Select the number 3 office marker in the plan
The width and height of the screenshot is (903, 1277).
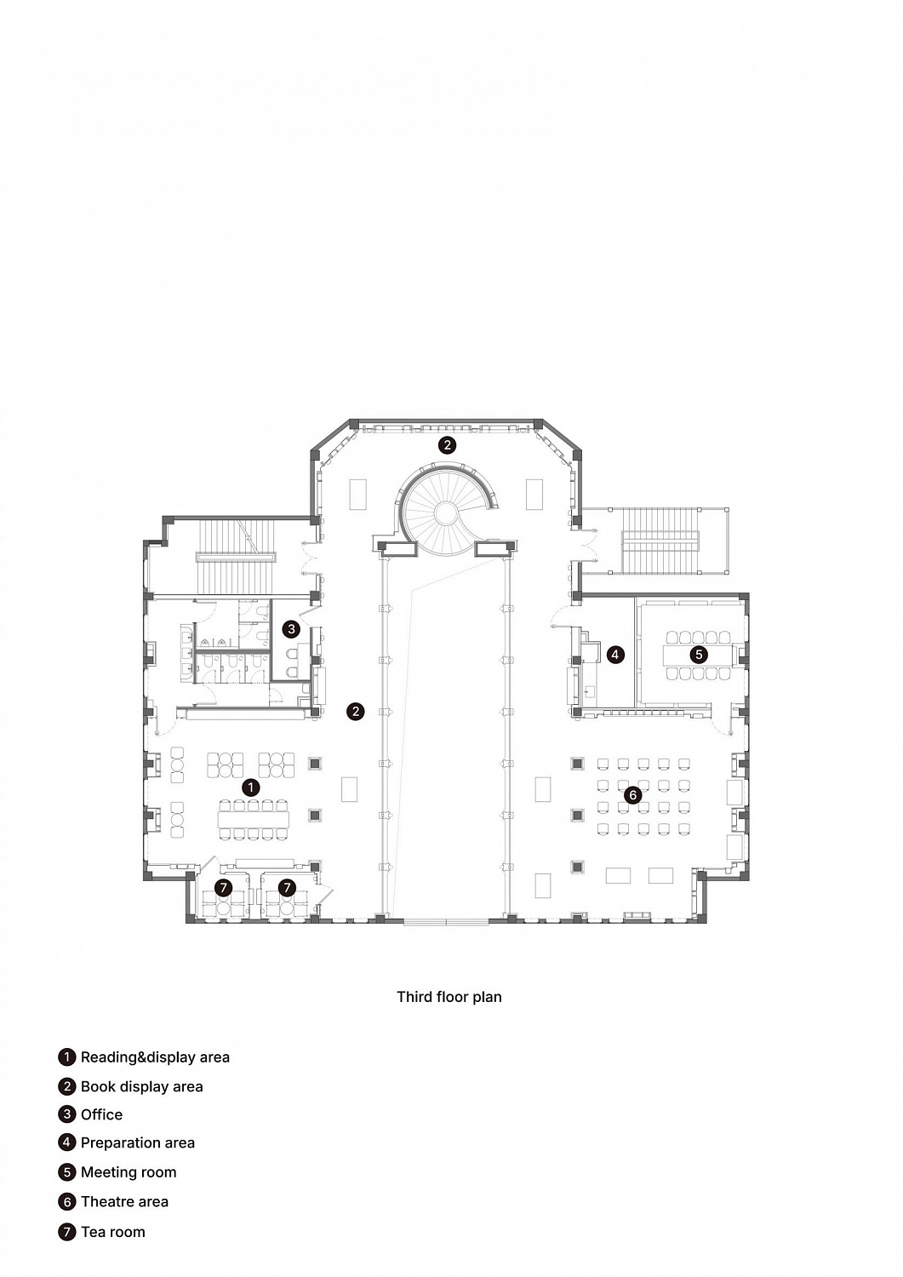291,629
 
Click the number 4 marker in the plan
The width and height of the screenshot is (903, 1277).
614,655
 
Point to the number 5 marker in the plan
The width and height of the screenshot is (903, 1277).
699,655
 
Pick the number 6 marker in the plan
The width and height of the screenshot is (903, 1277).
633,794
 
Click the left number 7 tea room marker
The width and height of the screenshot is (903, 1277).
224,887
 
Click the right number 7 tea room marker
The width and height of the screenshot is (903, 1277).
288,887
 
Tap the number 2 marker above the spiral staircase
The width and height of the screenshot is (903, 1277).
447,444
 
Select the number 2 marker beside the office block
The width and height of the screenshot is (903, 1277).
356,711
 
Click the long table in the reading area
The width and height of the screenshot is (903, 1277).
253,820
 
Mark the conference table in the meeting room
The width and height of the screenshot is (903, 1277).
699,655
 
